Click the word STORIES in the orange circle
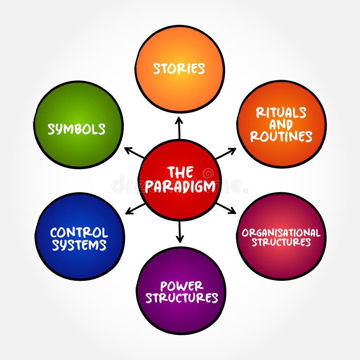click(179, 68)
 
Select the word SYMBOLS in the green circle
click(76, 129)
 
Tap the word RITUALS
click(281, 112)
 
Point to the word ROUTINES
click(281, 136)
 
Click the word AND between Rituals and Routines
click(281, 125)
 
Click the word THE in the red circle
click(180, 172)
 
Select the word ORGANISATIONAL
click(281, 233)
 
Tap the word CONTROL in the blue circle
click(79, 233)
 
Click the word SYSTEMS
click(79, 245)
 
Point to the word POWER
click(181, 286)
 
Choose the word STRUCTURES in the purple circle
click(181, 298)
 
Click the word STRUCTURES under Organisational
click(281, 243)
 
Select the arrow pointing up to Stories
click(179, 127)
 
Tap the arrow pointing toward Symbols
click(134, 153)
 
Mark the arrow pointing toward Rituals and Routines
click(225, 153)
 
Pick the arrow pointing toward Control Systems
click(135, 208)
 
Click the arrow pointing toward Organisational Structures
click(225, 207)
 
